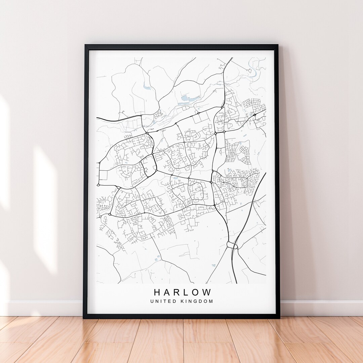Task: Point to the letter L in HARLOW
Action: tap(189, 292)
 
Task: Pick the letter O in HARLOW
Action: tap(198, 292)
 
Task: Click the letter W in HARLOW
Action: tap(208, 292)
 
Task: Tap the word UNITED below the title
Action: tap(163, 301)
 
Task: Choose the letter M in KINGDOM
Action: tap(211, 301)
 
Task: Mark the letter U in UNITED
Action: tap(152, 301)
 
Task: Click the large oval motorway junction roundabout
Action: tap(232, 245)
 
